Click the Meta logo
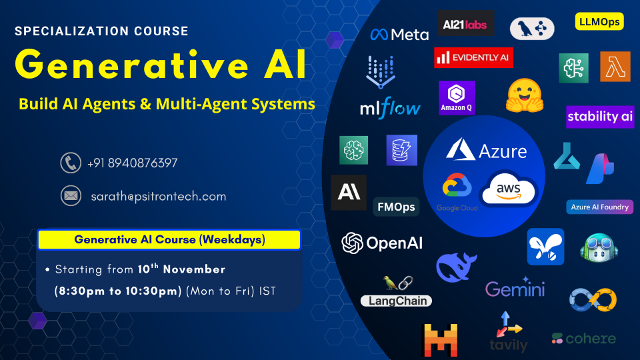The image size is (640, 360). [x=399, y=35]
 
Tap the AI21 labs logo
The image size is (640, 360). [x=465, y=23]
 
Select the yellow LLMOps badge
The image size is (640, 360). [x=599, y=21]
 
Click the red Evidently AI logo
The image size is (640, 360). [x=473, y=57]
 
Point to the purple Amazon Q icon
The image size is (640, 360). [x=457, y=98]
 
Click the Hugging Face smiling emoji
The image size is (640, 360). [x=525, y=96]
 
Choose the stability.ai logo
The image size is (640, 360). [x=600, y=117]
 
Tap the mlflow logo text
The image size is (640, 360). [x=390, y=108]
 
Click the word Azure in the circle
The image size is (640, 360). [x=503, y=151]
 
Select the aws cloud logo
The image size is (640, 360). [x=509, y=189]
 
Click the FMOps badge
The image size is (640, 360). [x=396, y=207]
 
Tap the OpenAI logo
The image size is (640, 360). [x=382, y=243]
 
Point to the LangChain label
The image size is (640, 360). [x=396, y=301]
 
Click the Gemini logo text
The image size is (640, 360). [x=515, y=288]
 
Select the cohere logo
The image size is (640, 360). [x=584, y=339]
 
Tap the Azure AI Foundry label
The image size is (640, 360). [x=599, y=207]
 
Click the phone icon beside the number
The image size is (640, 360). [x=71, y=163]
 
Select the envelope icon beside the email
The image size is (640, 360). [x=71, y=196]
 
